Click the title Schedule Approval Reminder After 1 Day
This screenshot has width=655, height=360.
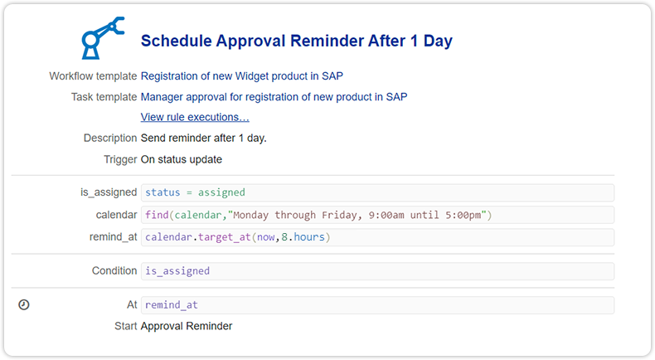pyautogui.click(x=296, y=41)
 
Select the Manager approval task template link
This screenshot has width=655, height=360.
pyautogui.click(x=274, y=97)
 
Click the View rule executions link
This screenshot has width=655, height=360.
pyautogui.click(x=195, y=117)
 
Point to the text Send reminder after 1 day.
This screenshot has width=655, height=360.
pyautogui.click(x=204, y=138)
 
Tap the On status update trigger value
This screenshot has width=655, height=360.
pyautogui.click(x=182, y=159)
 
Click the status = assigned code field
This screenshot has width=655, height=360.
pyautogui.click(x=377, y=192)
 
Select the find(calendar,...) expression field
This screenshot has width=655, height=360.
pyautogui.click(x=377, y=215)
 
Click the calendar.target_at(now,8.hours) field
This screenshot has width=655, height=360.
pyautogui.click(x=377, y=237)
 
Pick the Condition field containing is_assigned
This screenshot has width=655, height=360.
pyautogui.click(x=377, y=271)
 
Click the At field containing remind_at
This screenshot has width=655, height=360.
pyautogui.click(x=377, y=305)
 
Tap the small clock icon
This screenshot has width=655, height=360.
pyautogui.click(x=24, y=305)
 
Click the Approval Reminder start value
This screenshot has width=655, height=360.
pyautogui.click(x=187, y=326)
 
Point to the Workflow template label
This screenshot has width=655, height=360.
pyautogui.click(x=93, y=76)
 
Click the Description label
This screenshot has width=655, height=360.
pyautogui.click(x=110, y=138)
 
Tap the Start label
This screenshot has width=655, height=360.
pyautogui.click(x=125, y=326)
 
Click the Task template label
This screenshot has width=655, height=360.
pyautogui.click(x=104, y=97)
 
